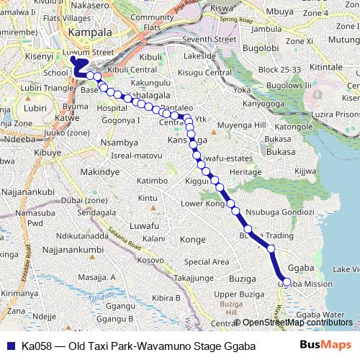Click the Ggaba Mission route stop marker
[x=287, y=283]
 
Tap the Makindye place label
[x=99, y=173]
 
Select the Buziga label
[x=241, y=276]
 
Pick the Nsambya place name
[x=119, y=143]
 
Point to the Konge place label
[x=192, y=239]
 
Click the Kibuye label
[x=48, y=153]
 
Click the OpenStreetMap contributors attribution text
[x=297, y=323]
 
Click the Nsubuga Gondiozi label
[x=279, y=213]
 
